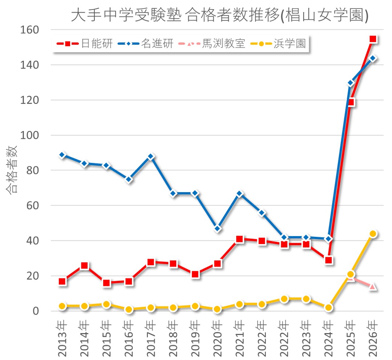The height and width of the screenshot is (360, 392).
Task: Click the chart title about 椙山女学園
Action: pos(219,15)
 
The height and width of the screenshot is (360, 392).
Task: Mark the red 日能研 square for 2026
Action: pos(373,39)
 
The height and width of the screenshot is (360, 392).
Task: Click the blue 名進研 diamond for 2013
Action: pos(62,155)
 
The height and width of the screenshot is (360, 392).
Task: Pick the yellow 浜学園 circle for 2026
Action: pos(373,234)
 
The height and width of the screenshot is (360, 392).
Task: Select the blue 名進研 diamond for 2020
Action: pos(218,228)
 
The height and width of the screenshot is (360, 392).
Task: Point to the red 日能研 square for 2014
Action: pos(84,266)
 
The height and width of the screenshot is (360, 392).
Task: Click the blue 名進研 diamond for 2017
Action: pos(151,157)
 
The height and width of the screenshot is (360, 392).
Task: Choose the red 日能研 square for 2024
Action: pos(329,260)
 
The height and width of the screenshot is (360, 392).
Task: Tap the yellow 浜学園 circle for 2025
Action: pos(351,274)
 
